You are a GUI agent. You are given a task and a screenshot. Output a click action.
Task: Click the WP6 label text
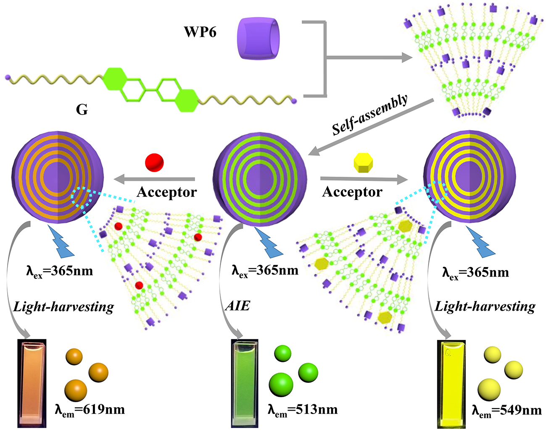[x=200, y=32]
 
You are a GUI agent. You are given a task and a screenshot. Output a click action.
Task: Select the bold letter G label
[x=82, y=110]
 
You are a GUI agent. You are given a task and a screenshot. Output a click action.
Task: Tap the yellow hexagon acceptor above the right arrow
[x=364, y=163]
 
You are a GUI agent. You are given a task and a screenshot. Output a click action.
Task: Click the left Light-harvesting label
[x=64, y=307]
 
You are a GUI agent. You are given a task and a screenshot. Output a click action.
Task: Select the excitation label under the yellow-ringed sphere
[x=475, y=272]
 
